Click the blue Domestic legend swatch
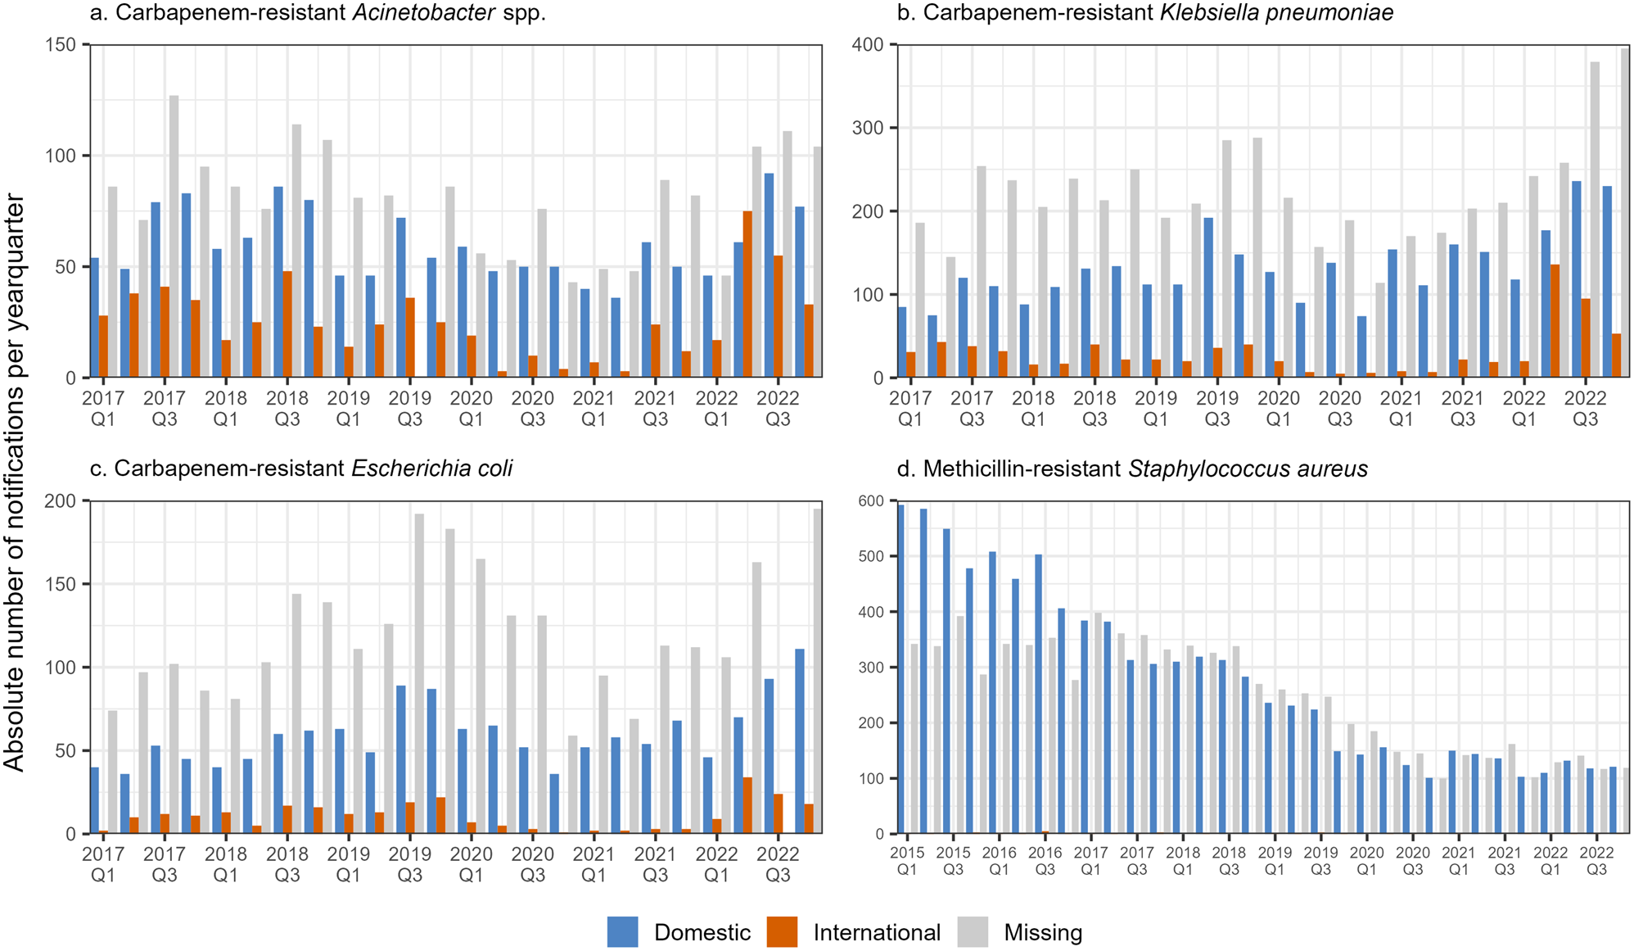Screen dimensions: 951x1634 622,932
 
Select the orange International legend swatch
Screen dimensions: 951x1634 782,932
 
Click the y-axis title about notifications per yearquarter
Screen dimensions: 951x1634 15,483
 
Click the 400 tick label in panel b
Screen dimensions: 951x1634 869,44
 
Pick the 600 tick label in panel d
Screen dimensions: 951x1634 871,500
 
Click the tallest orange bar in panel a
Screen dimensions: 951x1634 747,294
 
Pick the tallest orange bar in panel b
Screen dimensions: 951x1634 1555,321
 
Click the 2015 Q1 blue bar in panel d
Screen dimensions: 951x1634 901,668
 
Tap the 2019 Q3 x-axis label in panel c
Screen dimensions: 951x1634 409,863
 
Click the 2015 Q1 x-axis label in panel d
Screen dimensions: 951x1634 907,860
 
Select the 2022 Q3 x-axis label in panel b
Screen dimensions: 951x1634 1585,408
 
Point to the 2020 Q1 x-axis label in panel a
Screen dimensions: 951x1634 471,408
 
